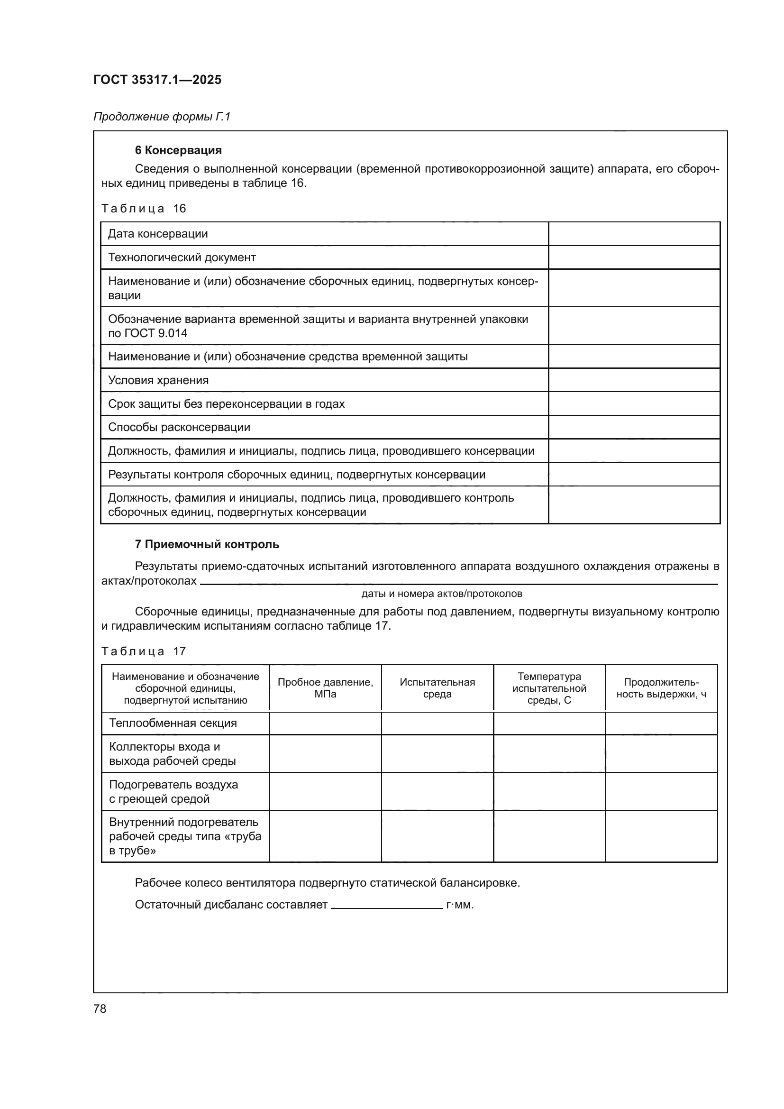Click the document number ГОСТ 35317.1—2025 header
157,80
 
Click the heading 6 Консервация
178,150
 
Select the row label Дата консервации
158,234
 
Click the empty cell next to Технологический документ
634,257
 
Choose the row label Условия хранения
158,380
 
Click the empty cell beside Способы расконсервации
634,428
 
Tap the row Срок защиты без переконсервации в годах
227,404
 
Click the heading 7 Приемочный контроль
207,544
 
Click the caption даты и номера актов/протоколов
442,594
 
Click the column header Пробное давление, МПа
325,688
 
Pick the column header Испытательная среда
438,688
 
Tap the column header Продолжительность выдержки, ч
661,688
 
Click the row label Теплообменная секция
173,723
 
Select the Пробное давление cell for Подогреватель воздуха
325,792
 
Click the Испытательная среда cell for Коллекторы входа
438,754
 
